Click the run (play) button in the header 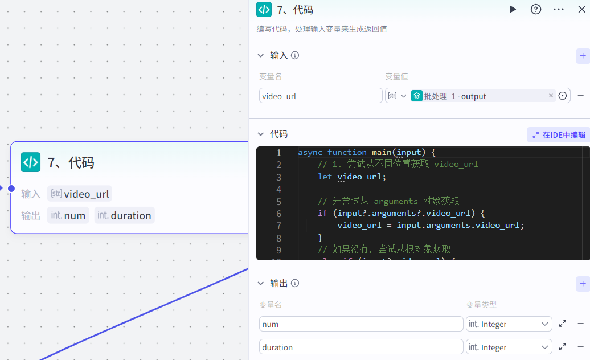coord(513,9)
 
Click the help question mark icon coord(536,9)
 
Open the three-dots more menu coord(559,9)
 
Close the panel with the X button coord(581,9)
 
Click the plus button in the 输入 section coord(583,56)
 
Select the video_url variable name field coord(321,96)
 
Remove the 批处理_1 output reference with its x coord(551,96)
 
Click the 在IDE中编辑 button coord(558,135)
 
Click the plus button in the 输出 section coord(583,284)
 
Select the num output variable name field coord(361,324)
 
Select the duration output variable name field coord(361,347)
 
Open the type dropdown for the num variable coord(509,324)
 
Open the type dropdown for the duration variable coord(509,347)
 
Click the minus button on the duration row coord(581,347)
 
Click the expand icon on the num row coord(563,324)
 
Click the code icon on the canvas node coord(30,162)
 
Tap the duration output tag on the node coord(125,215)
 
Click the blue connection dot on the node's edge coord(11,189)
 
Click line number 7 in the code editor coord(278,226)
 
